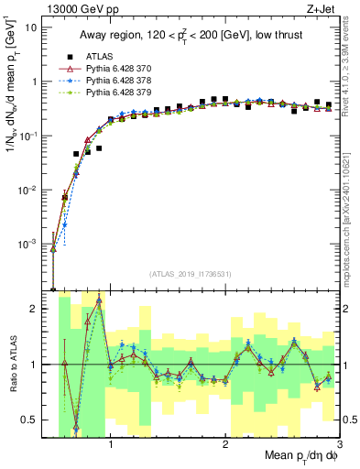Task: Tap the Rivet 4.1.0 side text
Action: pos(352,64)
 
